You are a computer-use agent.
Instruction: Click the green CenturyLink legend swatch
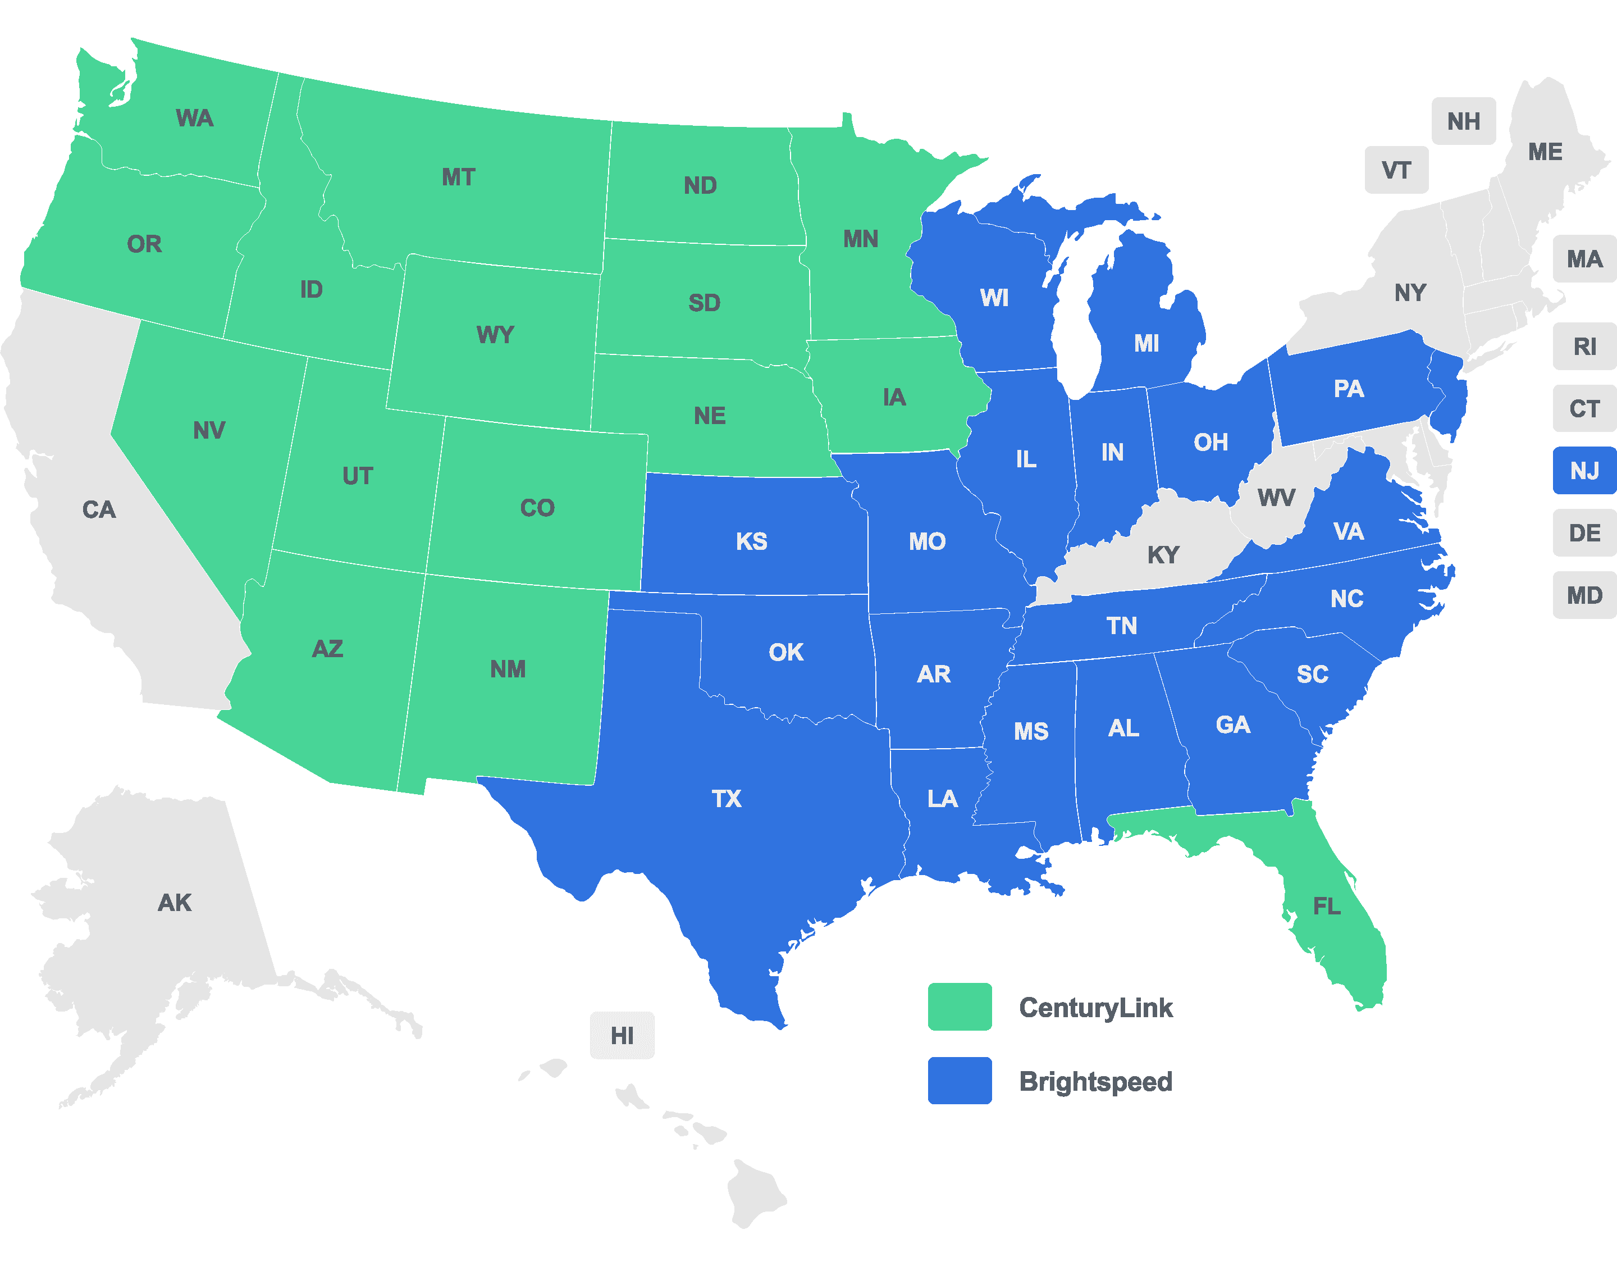[960, 1007]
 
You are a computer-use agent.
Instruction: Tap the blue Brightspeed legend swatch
[960, 1080]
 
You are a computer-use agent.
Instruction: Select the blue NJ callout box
[1584, 471]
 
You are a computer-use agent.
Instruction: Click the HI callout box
[622, 1036]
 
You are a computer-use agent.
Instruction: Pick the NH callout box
[1464, 121]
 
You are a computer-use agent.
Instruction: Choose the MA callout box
[1584, 259]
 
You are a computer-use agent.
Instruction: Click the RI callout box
[1584, 346]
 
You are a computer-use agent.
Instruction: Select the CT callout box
[1584, 408]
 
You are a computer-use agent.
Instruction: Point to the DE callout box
[1584, 533]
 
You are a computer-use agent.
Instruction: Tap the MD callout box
[1584, 595]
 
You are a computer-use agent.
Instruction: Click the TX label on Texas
[726, 798]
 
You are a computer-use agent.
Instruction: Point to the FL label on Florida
[1327, 906]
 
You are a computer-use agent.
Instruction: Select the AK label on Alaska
[175, 902]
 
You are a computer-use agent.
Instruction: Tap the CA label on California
[99, 509]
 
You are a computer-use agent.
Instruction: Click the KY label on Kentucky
[1163, 554]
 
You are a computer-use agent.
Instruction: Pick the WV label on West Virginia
[1276, 498]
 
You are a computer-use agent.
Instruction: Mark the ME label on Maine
[1545, 152]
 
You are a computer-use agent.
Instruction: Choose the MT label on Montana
[458, 177]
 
